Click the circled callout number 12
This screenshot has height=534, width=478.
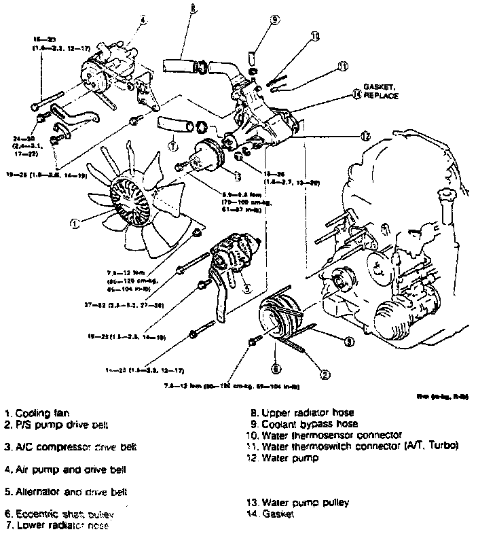click(365, 136)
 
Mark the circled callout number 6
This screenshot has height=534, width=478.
click(276, 369)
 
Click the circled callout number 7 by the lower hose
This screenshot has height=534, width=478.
click(173, 145)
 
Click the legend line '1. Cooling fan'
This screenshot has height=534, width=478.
click(41, 412)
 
